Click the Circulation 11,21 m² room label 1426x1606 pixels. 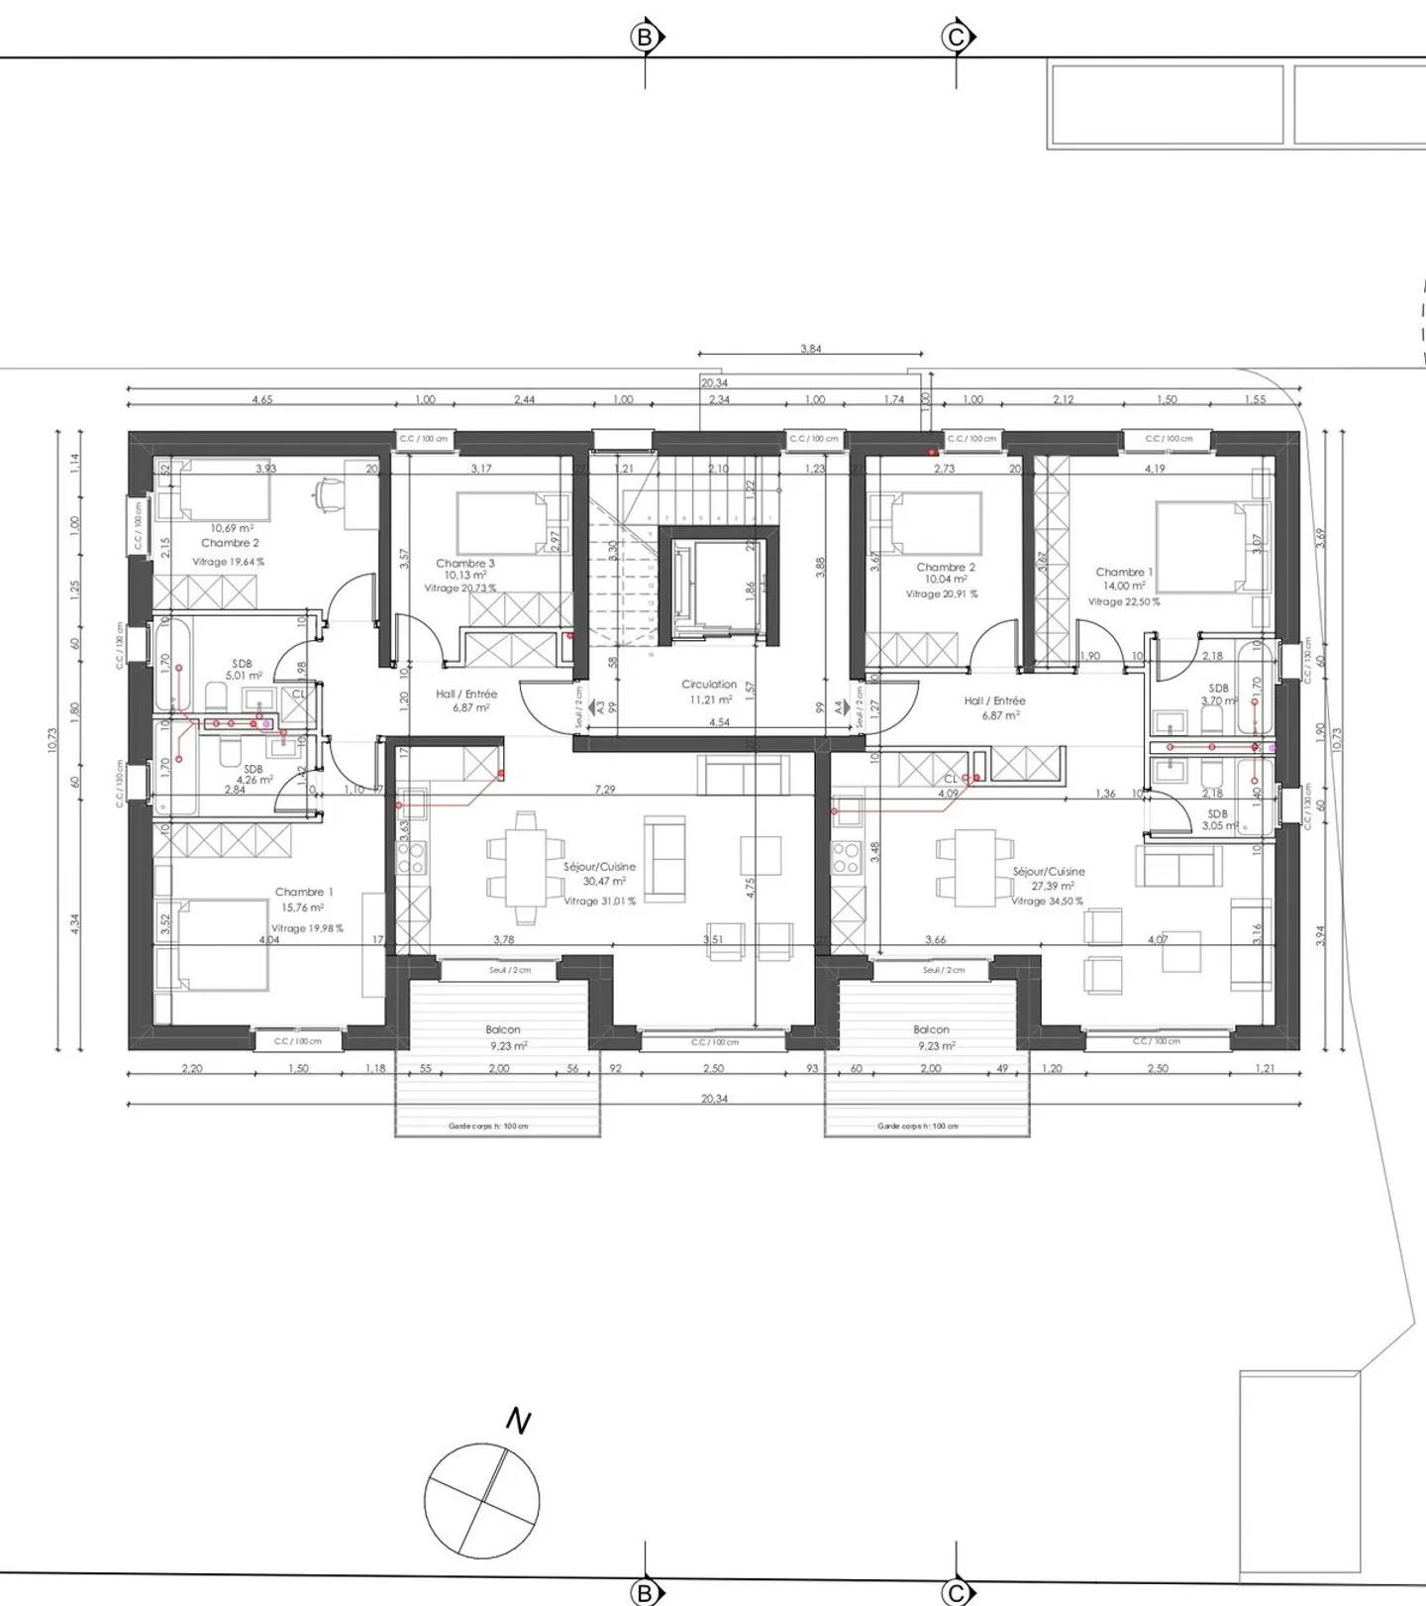[709, 692]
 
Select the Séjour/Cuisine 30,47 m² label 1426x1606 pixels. [599, 874]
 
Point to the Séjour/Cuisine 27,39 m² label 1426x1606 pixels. [1048, 879]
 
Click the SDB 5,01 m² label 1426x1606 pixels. [243, 670]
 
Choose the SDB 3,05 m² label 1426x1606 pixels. [1218, 819]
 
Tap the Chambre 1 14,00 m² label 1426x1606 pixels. [1124, 579]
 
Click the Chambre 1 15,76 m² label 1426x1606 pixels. [303, 900]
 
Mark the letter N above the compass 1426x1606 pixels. [518, 1422]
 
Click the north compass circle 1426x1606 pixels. [482, 1501]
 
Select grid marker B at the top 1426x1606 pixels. [646, 38]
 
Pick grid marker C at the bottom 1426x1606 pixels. [956, 1592]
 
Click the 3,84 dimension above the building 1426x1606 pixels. [810, 349]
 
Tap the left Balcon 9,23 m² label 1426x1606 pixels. [503, 1037]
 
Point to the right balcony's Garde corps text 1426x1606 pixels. [917, 1126]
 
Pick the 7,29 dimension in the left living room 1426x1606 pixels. [604, 790]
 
